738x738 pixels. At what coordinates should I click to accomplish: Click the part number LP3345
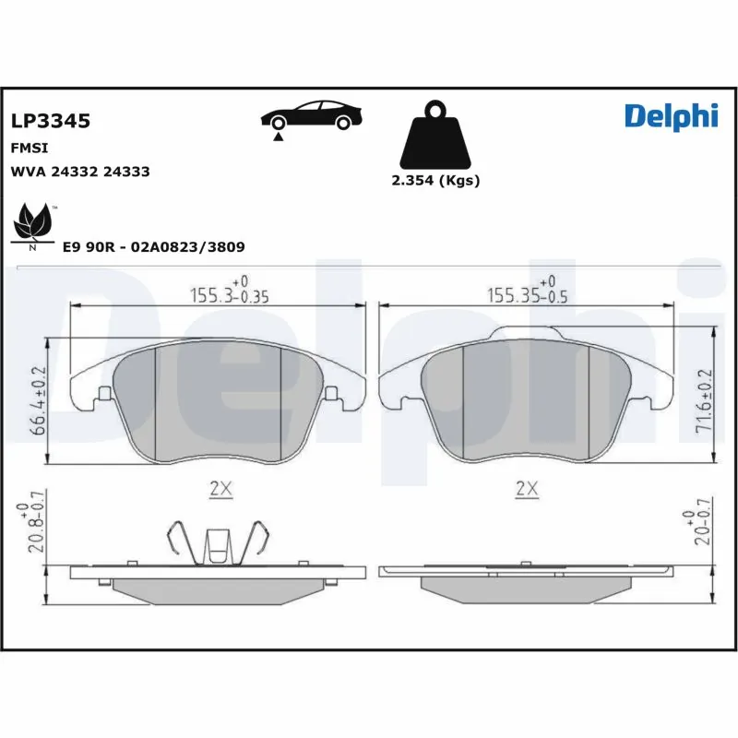click(50, 121)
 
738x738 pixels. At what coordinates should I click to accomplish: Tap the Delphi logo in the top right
click(670, 115)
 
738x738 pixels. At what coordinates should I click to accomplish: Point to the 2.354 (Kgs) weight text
click(435, 181)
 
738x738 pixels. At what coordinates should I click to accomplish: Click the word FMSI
click(29, 148)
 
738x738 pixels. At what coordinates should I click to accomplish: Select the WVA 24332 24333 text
click(79, 172)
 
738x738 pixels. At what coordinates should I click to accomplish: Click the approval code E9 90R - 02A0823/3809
click(153, 247)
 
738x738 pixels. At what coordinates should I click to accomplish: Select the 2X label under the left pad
click(220, 490)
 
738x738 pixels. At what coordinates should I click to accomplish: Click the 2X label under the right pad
click(527, 490)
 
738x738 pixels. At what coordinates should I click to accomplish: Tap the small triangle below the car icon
click(278, 137)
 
